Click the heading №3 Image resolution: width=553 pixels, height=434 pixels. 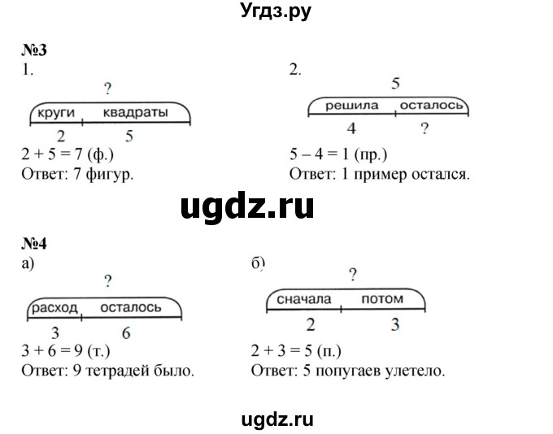[34, 50]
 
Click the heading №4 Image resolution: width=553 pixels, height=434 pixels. [34, 244]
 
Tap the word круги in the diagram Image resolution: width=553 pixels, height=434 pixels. [56, 113]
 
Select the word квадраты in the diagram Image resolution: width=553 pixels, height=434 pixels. [136, 113]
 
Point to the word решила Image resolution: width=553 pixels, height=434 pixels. [351, 106]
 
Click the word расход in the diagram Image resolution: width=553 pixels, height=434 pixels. [54, 308]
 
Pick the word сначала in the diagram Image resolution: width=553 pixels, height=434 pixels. [304, 299]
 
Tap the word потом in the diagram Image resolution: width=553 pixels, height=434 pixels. [383, 299]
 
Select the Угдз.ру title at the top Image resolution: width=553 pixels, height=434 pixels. [276, 11]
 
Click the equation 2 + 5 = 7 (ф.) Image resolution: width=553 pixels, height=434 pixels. [67, 154]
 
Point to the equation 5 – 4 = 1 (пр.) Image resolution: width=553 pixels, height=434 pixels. [338, 154]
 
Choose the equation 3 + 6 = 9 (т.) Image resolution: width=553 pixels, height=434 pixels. [66, 351]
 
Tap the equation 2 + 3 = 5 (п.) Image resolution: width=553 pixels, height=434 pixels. [296, 351]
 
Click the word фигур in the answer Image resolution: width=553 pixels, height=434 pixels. [109, 175]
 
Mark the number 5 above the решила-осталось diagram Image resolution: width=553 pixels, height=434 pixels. [396, 84]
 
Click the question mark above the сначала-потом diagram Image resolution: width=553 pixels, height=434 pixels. [353, 275]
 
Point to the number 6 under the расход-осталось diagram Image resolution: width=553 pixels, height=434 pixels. [126, 333]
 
